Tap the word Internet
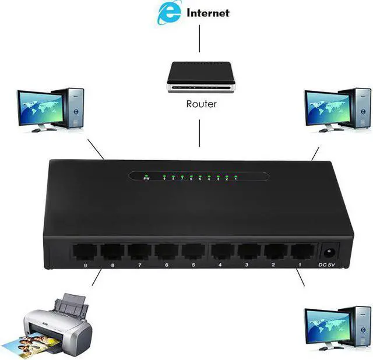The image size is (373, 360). click(x=207, y=13)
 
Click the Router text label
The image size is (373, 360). click(x=202, y=105)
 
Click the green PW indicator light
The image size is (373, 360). click(x=147, y=175)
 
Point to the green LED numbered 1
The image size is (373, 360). click(x=235, y=175)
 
